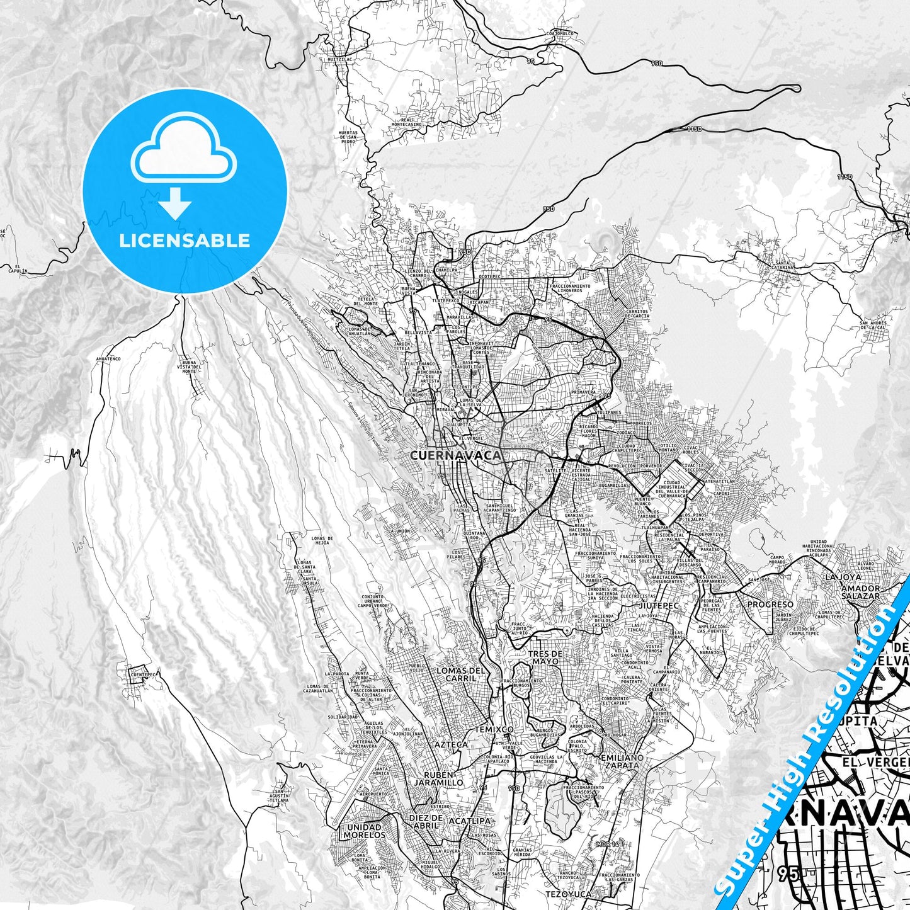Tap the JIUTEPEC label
pyautogui.click(x=659, y=605)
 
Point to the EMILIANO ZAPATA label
pyautogui.click(x=623, y=761)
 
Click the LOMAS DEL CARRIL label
pyautogui.click(x=461, y=674)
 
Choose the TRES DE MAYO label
pyautogui.click(x=545, y=657)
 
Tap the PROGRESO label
pyautogui.click(x=770, y=605)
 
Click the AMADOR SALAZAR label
pyautogui.click(x=860, y=592)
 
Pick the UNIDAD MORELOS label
pyautogui.click(x=364, y=831)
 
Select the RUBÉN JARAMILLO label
pyautogui.click(x=438, y=778)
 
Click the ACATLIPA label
pyautogui.click(x=469, y=821)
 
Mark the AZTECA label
pyautogui.click(x=452, y=744)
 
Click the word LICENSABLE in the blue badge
pyautogui.click(x=185, y=241)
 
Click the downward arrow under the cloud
pyautogui.click(x=175, y=205)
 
